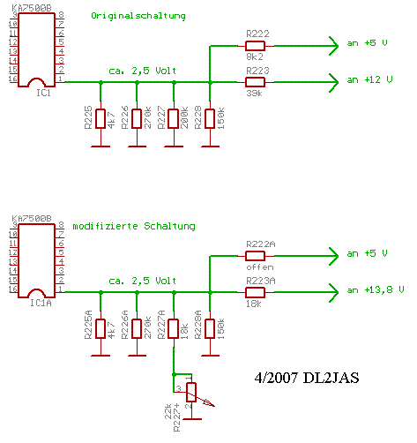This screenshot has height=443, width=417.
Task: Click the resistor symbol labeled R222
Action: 255,45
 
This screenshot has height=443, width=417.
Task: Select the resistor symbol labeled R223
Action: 255,82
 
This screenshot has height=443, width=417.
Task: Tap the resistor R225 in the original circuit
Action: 101,118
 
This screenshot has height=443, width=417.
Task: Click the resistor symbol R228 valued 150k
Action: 210,118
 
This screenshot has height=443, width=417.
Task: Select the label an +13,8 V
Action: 376,290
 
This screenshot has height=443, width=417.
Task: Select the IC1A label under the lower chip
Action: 40,304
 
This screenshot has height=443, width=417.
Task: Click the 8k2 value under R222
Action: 255,56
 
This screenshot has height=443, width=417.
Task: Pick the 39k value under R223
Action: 255,94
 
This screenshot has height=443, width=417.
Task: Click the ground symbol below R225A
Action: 101,356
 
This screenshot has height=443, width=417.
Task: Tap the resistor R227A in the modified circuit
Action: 174,328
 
